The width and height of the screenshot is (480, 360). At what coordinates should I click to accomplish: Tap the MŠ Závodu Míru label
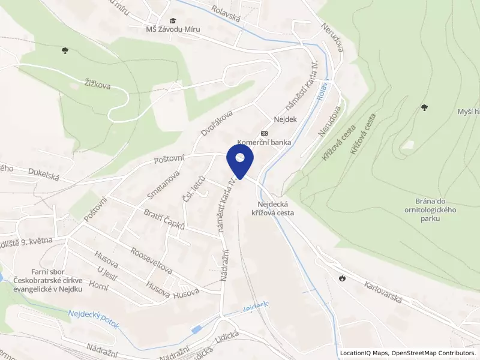(173, 29)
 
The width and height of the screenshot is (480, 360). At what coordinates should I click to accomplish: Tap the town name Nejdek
(286, 119)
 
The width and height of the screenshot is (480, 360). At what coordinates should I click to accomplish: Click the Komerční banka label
(265, 143)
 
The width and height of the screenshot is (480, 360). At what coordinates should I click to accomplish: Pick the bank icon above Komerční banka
(263, 133)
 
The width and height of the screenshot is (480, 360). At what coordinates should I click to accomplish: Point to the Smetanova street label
(164, 184)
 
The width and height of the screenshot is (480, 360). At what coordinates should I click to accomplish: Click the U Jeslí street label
(107, 276)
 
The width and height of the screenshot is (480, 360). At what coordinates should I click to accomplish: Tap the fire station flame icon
(342, 278)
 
